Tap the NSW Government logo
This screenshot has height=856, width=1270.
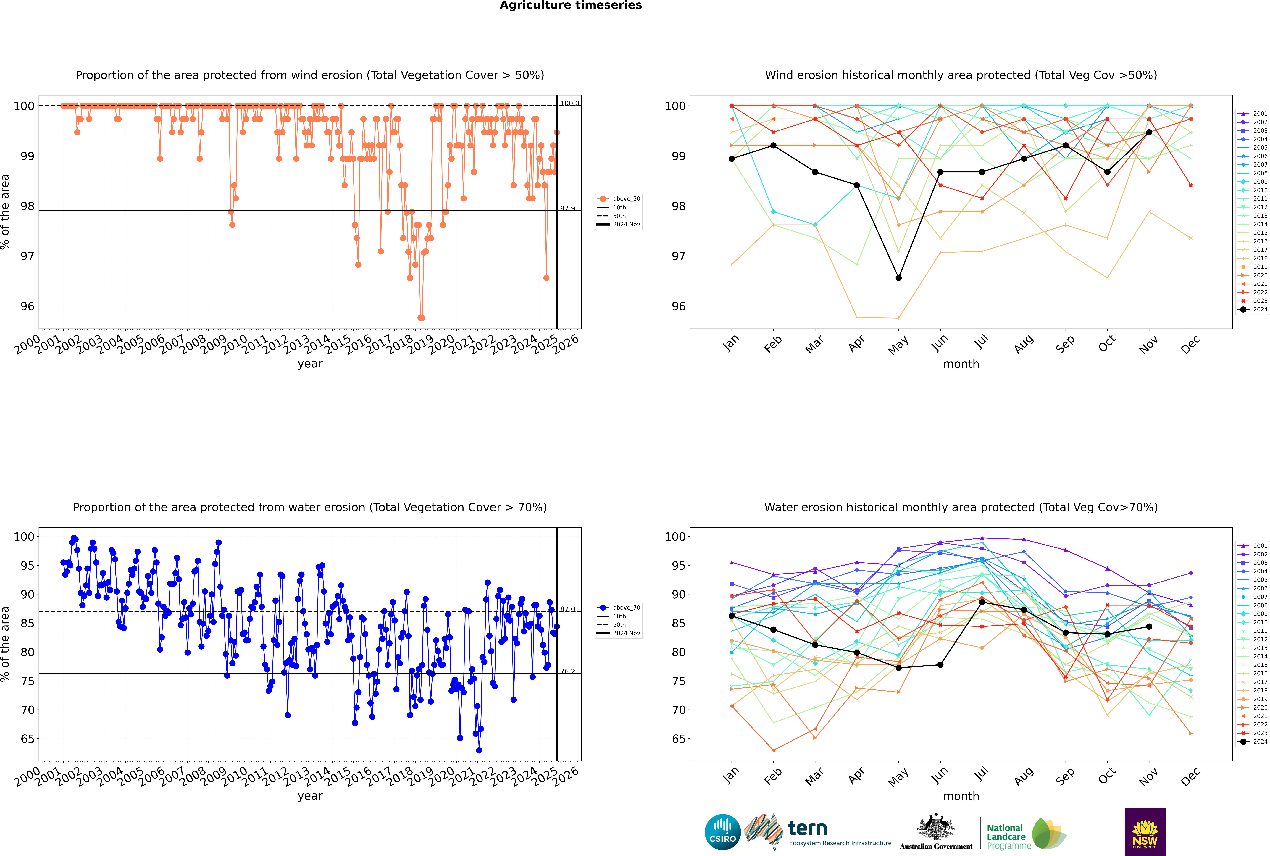[x=1145, y=831]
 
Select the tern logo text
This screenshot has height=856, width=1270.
[x=808, y=829]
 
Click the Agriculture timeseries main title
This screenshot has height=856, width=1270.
[x=571, y=5]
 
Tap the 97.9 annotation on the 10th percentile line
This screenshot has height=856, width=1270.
[x=567, y=209]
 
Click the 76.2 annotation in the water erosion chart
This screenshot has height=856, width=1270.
[x=567, y=671]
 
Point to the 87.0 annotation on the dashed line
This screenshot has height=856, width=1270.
[x=567, y=609]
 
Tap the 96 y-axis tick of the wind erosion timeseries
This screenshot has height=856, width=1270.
[x=27, y=306]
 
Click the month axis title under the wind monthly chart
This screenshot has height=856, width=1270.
[x=961, y=364]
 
